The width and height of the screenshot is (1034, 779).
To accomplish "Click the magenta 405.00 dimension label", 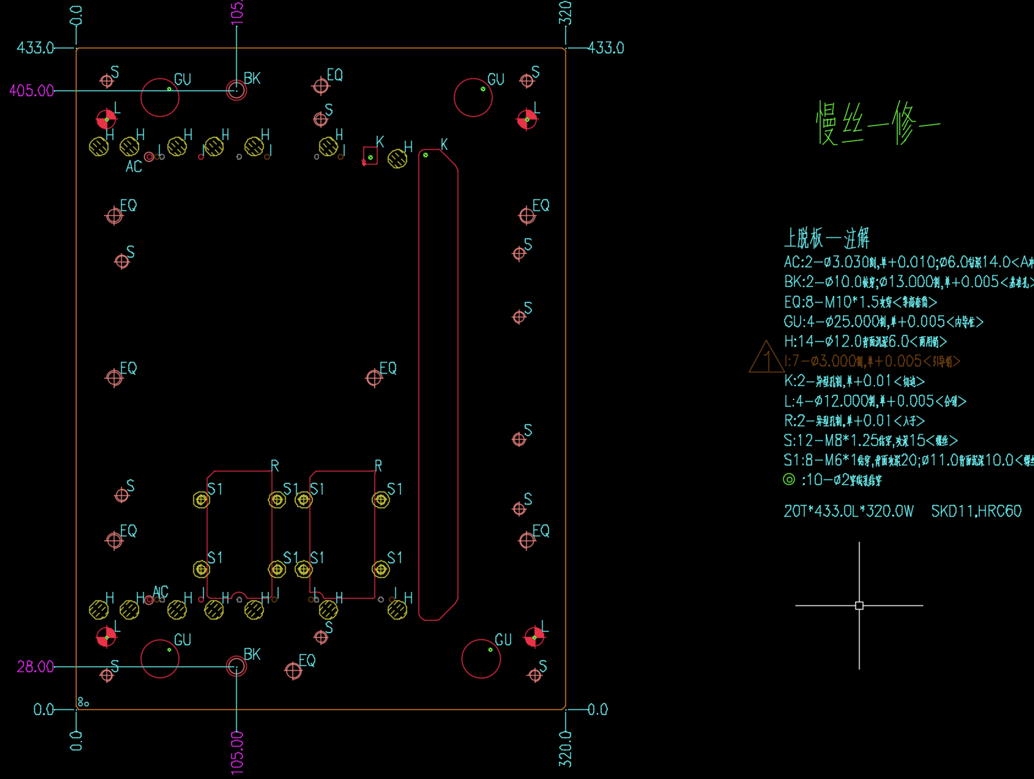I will click(x=32, y=91).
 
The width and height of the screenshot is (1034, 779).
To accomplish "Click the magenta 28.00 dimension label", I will click(x=35, y=666).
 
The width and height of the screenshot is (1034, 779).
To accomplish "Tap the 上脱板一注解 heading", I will click(x=827, y=238).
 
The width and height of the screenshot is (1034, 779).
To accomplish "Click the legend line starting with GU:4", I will click(x=883, y=322).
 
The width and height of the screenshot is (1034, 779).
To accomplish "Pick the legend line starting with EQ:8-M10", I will click(x=860, y=302).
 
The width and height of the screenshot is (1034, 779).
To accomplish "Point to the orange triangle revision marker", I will click(x=765, y=358).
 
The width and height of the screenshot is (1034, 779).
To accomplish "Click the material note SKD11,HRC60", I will click(x=976, y=511).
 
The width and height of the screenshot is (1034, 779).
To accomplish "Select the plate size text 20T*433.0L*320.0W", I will click(x=848, y=511).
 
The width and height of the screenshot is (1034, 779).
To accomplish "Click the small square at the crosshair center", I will click(x=859, y=605).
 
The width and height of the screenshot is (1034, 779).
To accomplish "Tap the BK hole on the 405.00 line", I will click(x=236, y=90).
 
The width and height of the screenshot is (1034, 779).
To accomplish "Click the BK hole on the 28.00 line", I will click(x=236, y=666).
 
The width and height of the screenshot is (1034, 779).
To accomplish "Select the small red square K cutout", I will click(x=370, y=156).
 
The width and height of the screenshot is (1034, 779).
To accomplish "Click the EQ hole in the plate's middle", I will click(x=374, y=378).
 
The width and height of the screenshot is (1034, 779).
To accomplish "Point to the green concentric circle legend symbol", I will click(x=789, y=479).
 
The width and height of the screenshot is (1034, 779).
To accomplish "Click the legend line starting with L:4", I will click(x=874, y=401).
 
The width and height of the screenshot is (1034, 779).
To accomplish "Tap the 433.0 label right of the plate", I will click(x=605, y=48).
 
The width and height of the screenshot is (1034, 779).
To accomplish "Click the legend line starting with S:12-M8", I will click(x=870, y=440).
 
